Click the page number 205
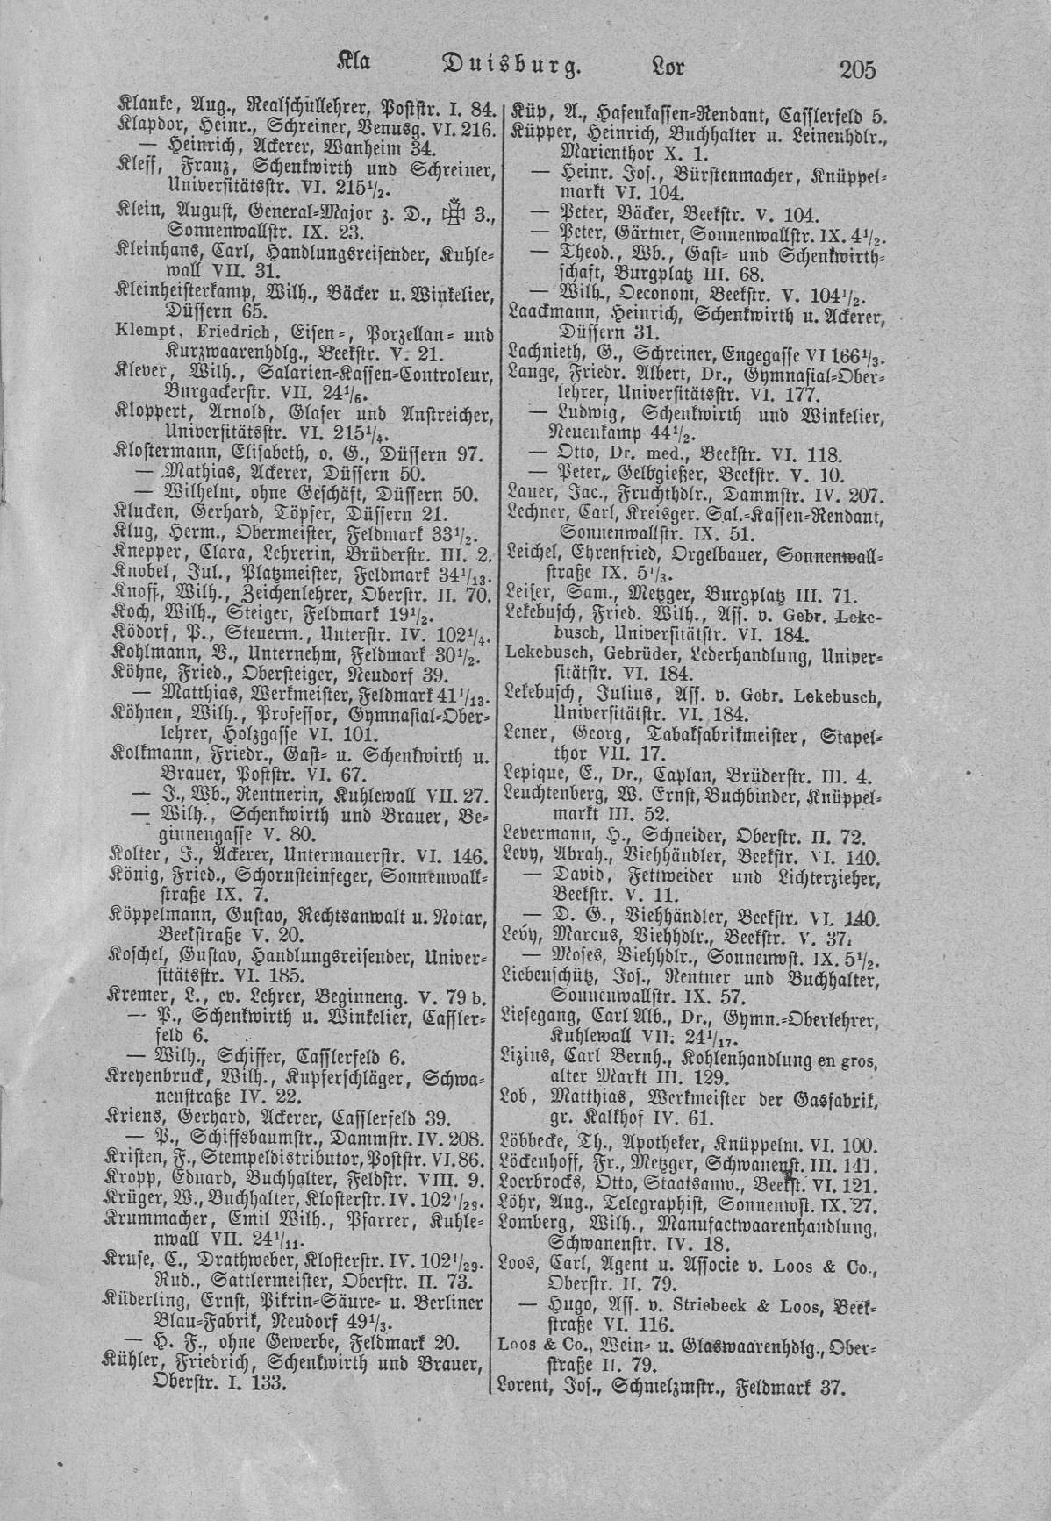tap(857, 69)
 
